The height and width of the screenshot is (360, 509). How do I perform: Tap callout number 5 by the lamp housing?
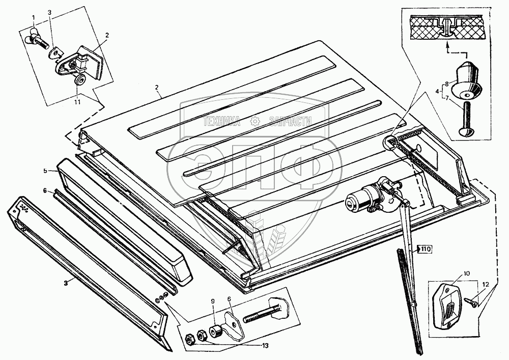[x=45, y=170]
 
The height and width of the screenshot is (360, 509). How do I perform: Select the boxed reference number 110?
[x=425, y=249]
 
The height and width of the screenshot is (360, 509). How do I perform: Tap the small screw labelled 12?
[x=471, y=302]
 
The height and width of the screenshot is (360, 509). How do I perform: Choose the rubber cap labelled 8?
[x=469, y=80]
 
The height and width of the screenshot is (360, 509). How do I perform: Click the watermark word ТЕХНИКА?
[x=222, y=121]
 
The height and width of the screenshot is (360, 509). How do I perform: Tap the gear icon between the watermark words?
[x=254, y=121]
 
